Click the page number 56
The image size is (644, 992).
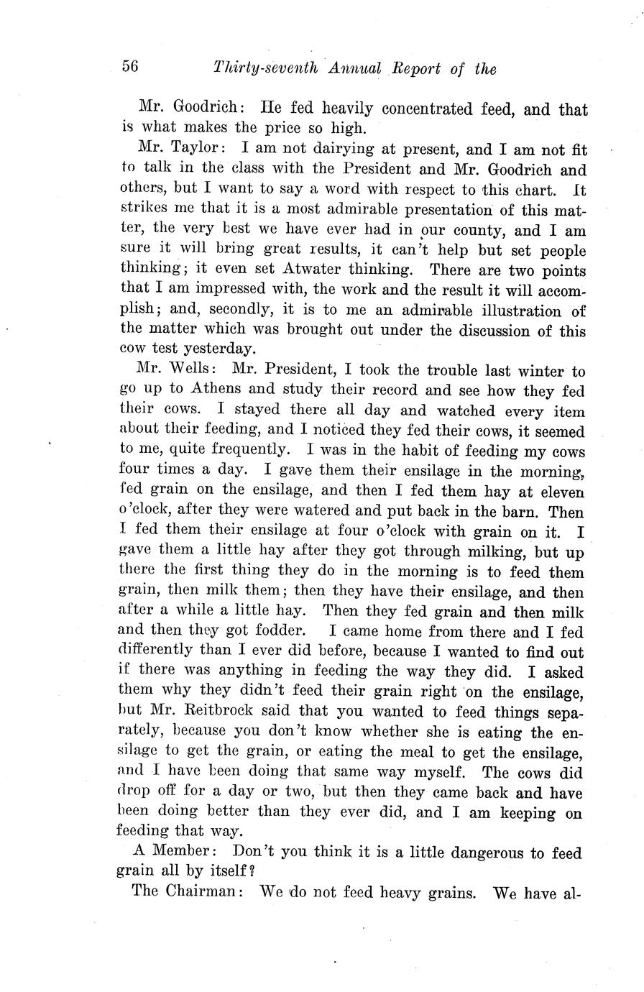[130, 67]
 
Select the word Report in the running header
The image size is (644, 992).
[417, 69]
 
